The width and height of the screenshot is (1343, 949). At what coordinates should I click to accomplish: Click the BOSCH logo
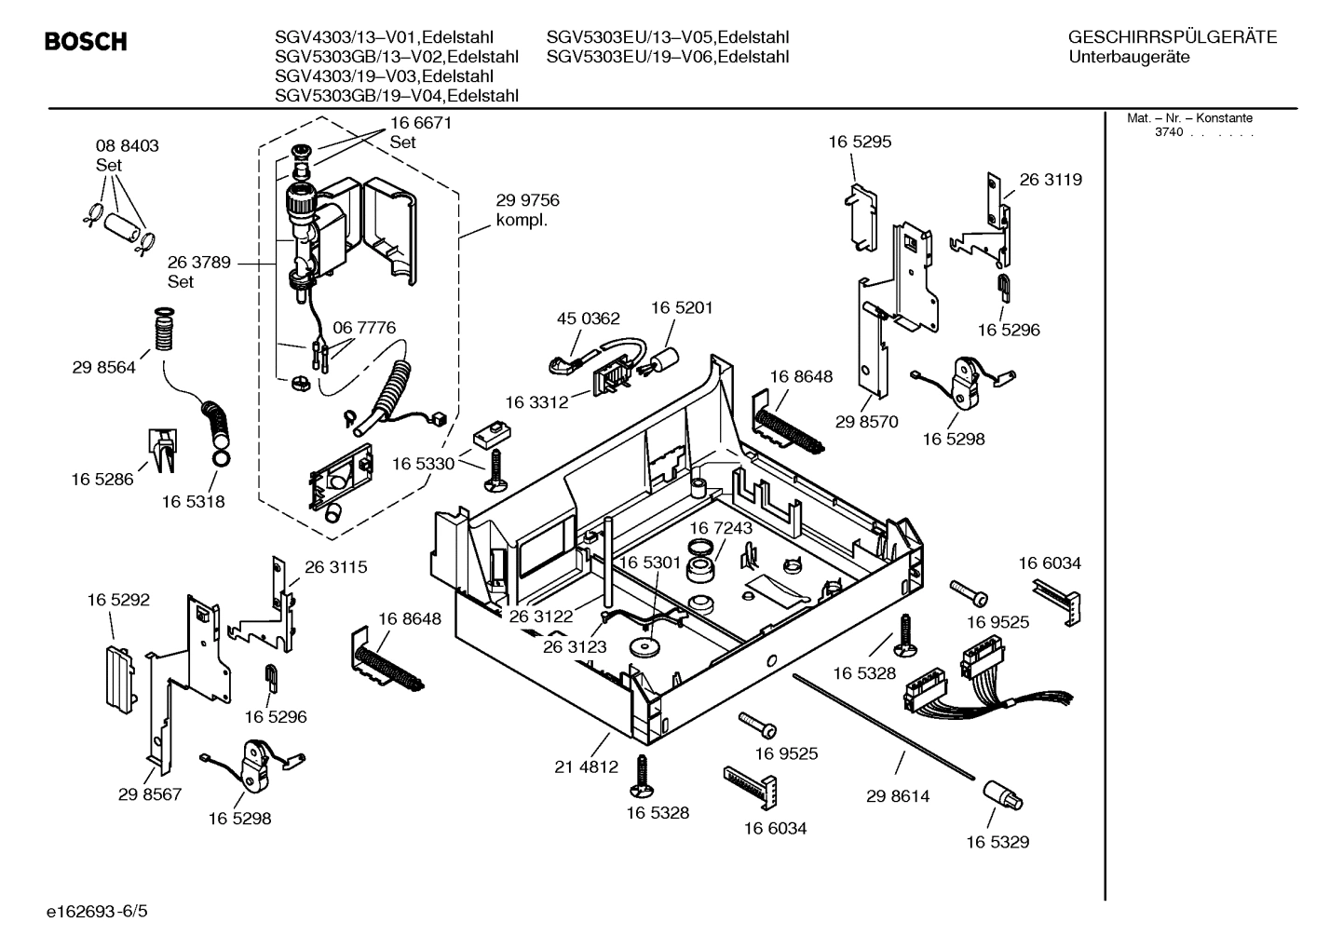[x=86, y=42]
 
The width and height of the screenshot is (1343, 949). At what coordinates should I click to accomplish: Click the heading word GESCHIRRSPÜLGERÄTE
[x=1172, y=37]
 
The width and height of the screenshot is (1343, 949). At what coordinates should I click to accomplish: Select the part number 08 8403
[x=128, y=146]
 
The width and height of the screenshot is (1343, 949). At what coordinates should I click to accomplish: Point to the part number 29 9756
[x=527, y=200]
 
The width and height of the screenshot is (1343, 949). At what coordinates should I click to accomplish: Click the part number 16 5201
[x=682, y=307]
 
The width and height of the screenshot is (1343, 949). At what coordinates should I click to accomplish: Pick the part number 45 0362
[x=588, y=319]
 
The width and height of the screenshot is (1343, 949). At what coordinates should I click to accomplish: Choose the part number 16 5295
[x=860, y=142]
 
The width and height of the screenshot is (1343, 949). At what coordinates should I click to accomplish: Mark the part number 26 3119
[x=1051, y=180]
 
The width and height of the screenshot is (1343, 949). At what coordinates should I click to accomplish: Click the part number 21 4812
[x=586, y=767]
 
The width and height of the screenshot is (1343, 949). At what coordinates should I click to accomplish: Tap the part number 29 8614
[x=898, y=796]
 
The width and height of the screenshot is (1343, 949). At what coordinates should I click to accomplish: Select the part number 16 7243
[x=721, y=528]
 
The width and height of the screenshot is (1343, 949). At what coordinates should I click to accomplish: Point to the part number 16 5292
[x=118, y=601]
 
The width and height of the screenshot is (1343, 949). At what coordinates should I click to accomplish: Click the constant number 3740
[x=1168, y=132]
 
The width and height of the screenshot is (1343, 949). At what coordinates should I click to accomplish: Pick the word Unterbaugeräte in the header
[x=1130, y=57]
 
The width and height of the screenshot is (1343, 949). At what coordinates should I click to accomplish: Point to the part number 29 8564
[x=103, y=368]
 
